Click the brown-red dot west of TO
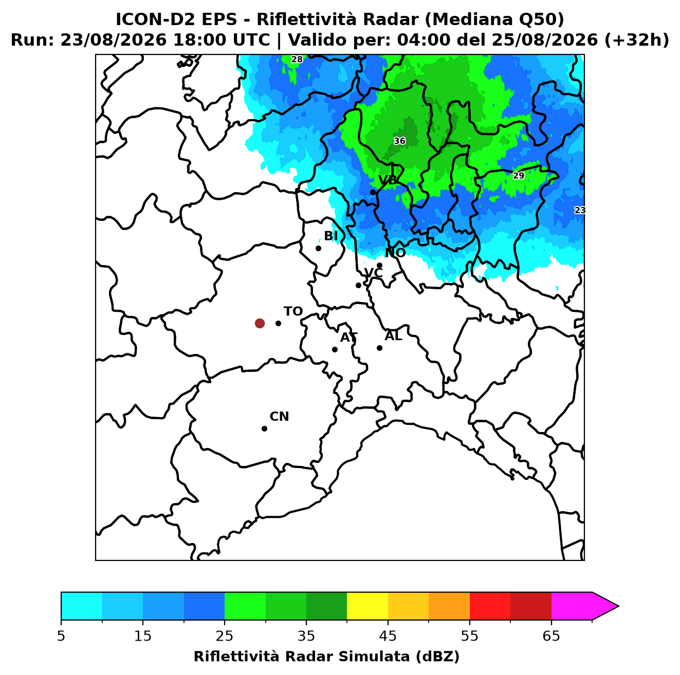(x=260, y=323)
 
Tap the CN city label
(x=279, y=417)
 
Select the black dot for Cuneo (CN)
(x=264, y=428)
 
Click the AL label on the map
(x=393, y=336)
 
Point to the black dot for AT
(x=335, y=349)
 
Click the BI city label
(x=330, y=236)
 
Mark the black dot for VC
(x=358, y=285)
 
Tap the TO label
(x=293, y=311)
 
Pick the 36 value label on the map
(x=399, y=141)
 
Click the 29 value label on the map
(x=518, y=175)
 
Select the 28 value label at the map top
(x=297, y=59)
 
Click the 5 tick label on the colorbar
(x=61, y=635)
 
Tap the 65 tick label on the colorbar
(x=551, y=635)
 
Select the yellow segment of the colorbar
(x=367, y=606)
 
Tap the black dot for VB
(x=373, y=192)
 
